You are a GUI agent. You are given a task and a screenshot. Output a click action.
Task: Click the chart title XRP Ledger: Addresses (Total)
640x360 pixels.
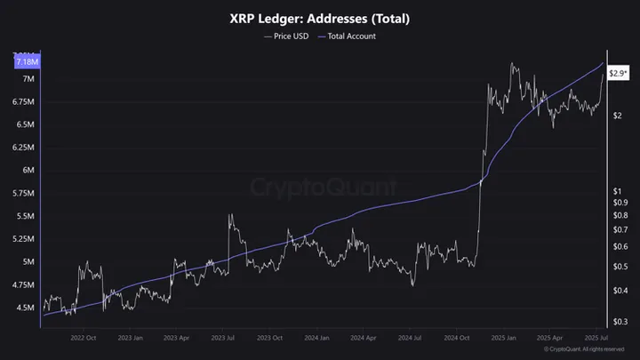tap(320, 18)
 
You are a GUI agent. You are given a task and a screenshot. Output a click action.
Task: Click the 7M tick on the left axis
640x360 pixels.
tap(28, 79)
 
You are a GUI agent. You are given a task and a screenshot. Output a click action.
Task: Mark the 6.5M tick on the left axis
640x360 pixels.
tap(24, 125)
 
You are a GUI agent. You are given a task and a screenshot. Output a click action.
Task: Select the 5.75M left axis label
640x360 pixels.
tap(23, 194)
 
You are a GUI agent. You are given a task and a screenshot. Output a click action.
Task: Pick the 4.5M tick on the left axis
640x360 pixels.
tap(24, 308)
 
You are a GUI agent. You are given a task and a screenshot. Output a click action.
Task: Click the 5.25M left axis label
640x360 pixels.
tap(23, 239)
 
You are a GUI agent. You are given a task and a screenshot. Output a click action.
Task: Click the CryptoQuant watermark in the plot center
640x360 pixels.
tap(319, 188)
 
